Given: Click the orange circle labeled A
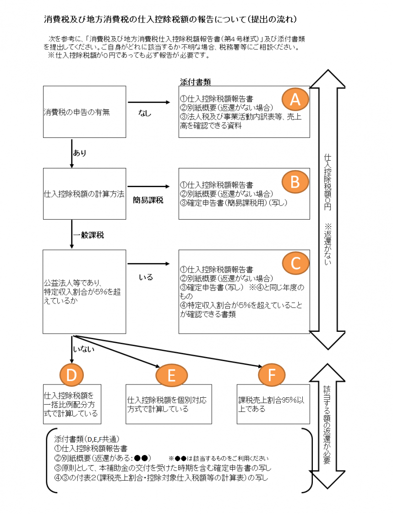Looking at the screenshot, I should pos(295,99).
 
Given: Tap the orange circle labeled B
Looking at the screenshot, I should pos(295,181).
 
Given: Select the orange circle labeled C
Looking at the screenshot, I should pos(295,263).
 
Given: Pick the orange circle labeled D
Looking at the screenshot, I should pos(71,375).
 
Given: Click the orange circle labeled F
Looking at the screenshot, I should pos(271,375).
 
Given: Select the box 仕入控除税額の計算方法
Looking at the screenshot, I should pos(84,194).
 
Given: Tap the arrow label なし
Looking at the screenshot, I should pos(145,113).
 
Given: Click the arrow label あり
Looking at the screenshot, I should pos(80,153).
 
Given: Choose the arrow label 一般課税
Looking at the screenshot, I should pos(88,235).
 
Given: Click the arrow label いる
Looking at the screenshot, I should pos(146,277).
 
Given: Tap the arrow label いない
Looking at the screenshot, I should pos(84,350).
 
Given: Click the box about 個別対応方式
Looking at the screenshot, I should pos(169,404).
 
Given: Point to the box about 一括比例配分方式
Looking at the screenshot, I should pos(71,404).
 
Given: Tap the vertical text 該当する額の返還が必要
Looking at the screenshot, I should pos(327,422).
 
